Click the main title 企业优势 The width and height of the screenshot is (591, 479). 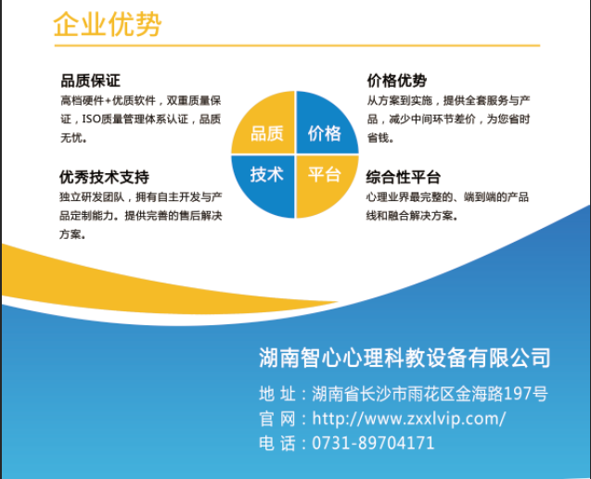pyautogui.click(x=108, y=24)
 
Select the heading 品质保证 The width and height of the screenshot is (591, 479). pyautogui.click(x=91, y=81)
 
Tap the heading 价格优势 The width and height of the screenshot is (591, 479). pyautogui.click(x=397, y=81)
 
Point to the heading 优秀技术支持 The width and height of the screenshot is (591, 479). pyautogui.click(x=104, y=177)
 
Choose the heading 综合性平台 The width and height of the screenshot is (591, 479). pyautogui.click(x=404, y=177)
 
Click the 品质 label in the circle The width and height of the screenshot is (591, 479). pyautogui.click(x=267, y=133)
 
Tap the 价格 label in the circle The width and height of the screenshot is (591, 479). pyautogui.click(x=325, y=133)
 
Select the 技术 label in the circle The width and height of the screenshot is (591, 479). pyautogui.click(x=267, y=174)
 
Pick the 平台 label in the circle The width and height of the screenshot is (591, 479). pyautogui.click(x=325, y=174)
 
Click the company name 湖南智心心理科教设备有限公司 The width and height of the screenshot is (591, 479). pyautogui.click(x=405, y=358)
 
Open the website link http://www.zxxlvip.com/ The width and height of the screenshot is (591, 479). pyautogui.click(x=409, y=419)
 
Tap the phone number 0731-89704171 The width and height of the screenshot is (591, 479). pyautogui.click(x=373, y=443)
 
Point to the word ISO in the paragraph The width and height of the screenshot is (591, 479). pyautogui.click(x=92, y=119)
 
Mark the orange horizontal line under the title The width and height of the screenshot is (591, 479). pyautogui.click(x=298, y=45)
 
